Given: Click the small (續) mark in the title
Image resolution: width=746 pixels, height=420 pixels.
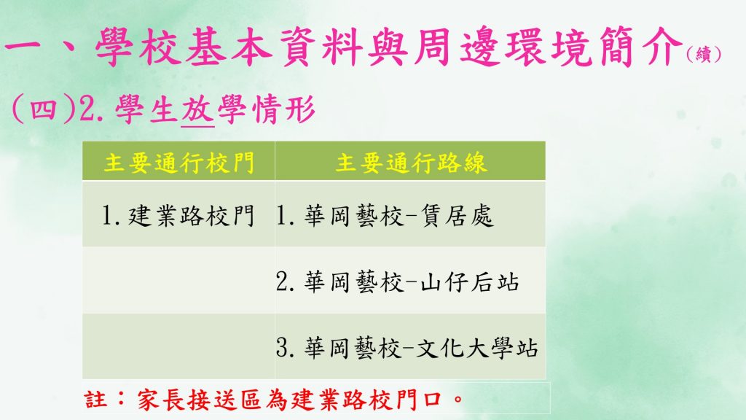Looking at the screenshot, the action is point(704,54).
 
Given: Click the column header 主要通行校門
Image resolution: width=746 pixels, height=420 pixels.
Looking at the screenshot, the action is point(179,163).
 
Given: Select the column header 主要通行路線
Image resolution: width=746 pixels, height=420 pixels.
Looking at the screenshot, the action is point(411,163).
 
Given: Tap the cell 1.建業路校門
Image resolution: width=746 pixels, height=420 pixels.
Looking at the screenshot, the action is point(178,215).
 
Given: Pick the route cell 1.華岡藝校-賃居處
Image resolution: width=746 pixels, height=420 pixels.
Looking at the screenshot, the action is point(385,215).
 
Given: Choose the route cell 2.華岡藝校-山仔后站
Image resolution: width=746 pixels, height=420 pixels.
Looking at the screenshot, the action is point(397,281).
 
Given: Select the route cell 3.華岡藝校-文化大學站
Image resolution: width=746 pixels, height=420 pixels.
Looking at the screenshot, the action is point(407,348).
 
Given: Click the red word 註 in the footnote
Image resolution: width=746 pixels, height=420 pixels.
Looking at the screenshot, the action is point(95,399).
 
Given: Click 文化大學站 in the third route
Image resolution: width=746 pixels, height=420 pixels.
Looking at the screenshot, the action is point(477,348).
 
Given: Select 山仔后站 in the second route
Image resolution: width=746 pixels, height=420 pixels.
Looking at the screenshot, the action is point(470,281).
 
